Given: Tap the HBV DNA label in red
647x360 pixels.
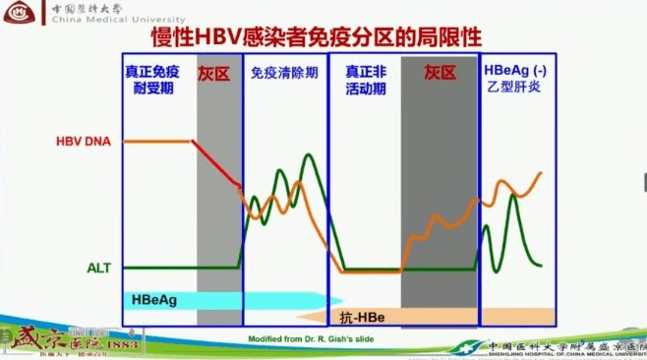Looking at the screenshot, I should (83, 142).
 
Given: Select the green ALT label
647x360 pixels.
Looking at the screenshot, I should (98, 268).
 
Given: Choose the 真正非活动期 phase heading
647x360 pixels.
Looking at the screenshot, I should (362, 81).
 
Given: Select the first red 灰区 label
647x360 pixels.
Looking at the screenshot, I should (217, 73).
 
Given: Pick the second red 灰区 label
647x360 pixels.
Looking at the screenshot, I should (440, 73).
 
